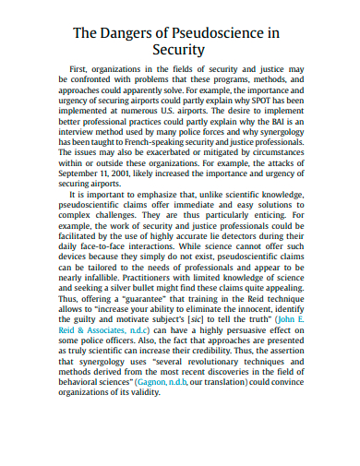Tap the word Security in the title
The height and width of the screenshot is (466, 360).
pyautogui.click(x=179, y=50)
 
